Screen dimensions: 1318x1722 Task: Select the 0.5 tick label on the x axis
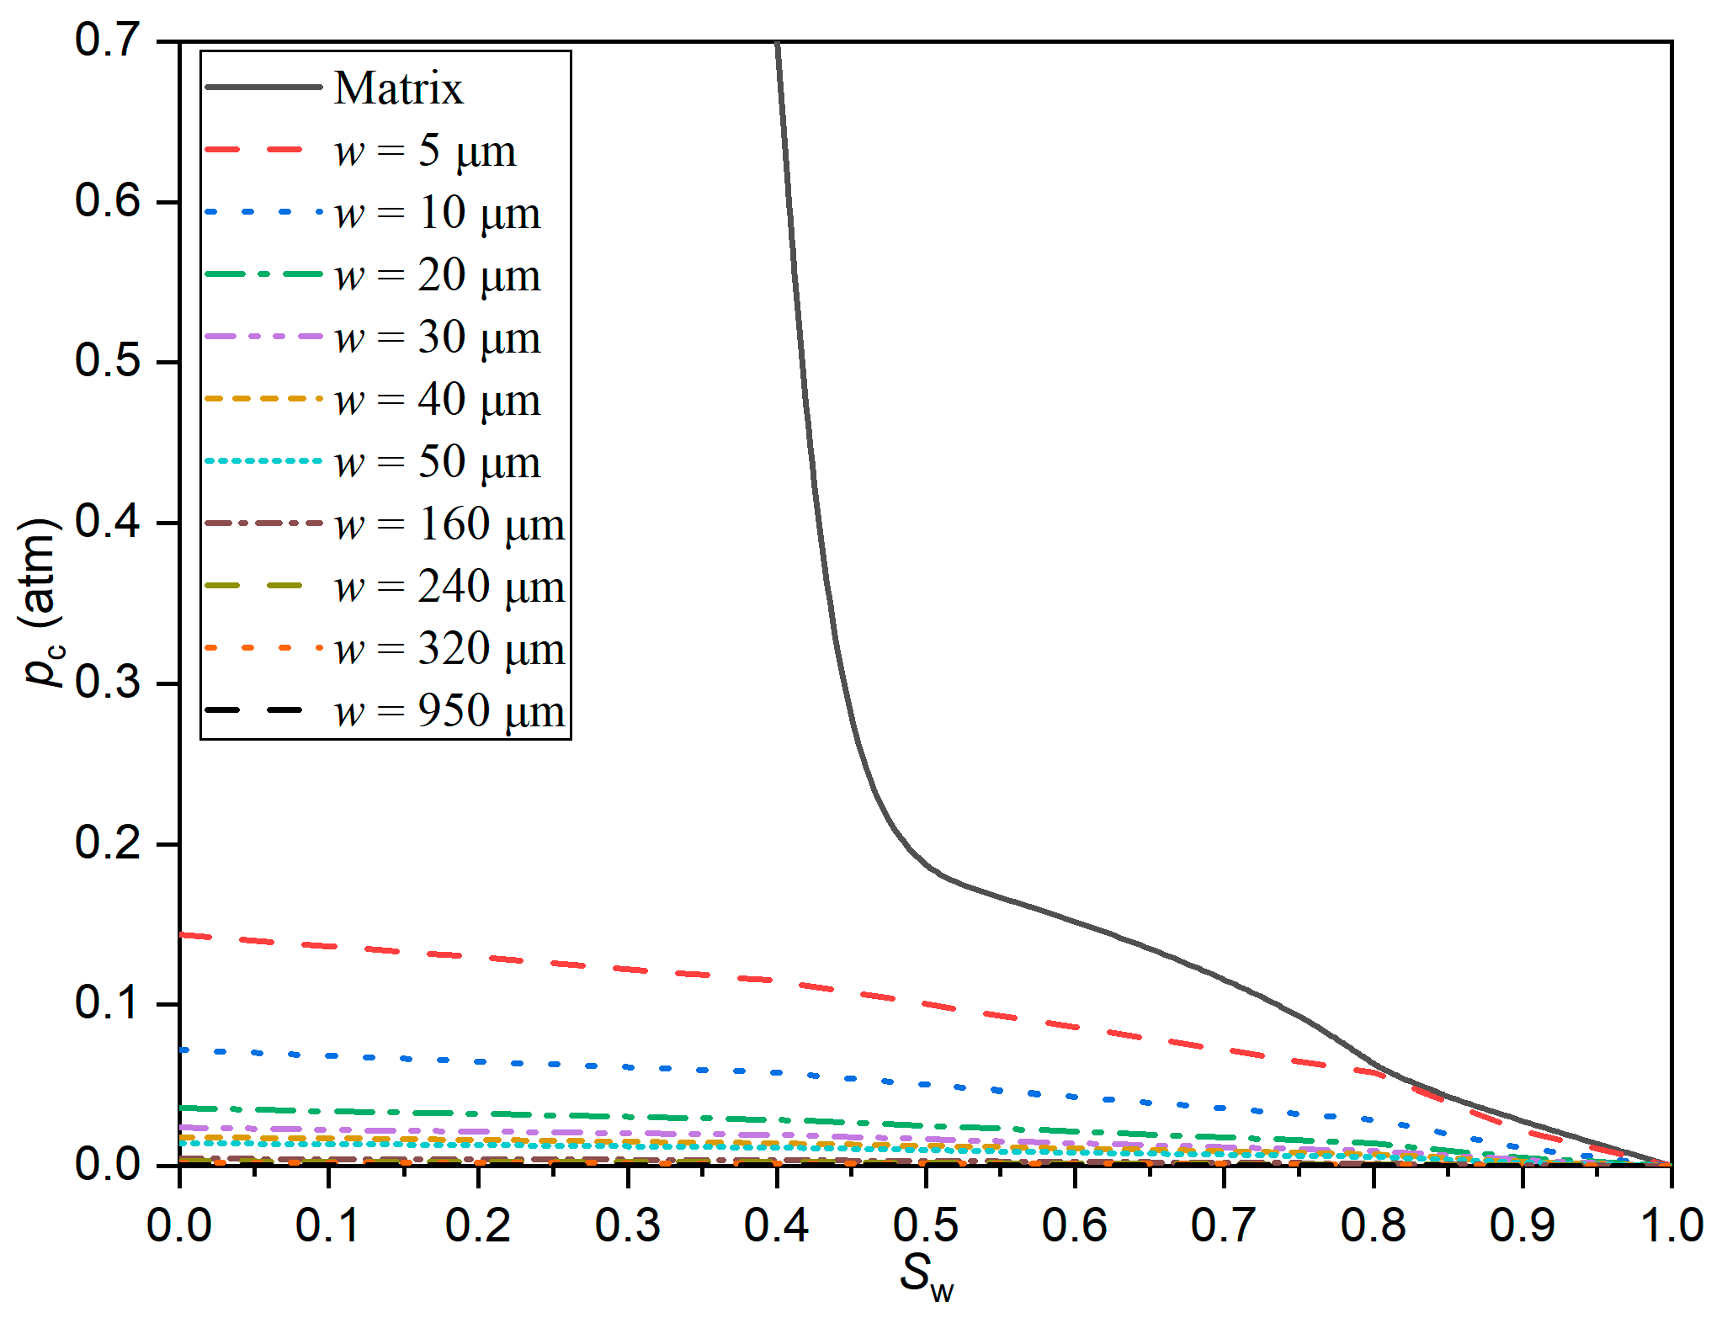tap(925, 1225)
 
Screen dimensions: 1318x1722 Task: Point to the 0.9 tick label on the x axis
tap(1522, 1225)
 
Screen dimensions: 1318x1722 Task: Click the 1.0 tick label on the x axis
tap(1671, 1225)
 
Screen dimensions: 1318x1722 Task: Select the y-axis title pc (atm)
tap(40, 603)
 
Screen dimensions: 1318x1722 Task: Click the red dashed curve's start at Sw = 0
tap(182, 934)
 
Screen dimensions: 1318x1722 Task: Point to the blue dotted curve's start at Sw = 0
tap(182, 1050)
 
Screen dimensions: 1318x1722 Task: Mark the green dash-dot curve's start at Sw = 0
tap(182, 1108)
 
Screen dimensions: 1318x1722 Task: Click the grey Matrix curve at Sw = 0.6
tap(1075, 921)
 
